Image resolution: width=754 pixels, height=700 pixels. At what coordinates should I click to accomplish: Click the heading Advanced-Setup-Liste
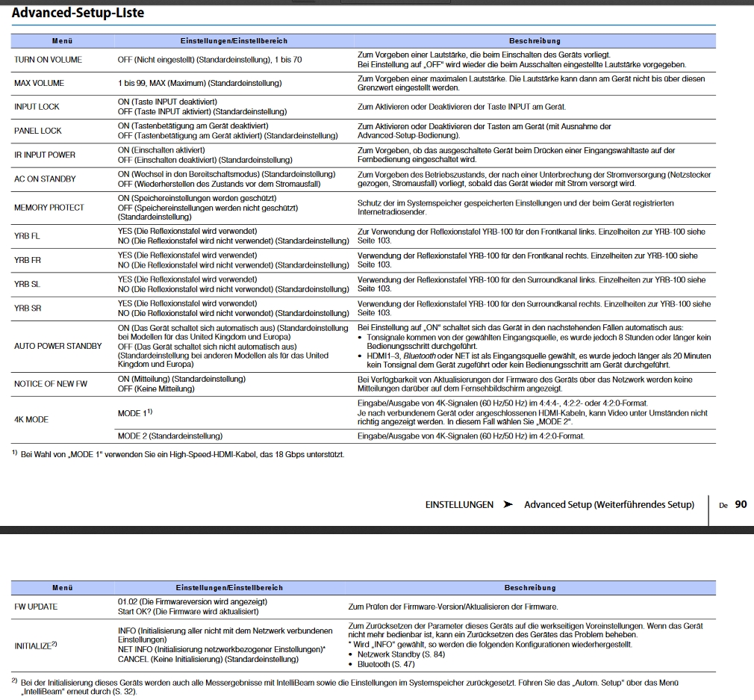click(x=78, y=13)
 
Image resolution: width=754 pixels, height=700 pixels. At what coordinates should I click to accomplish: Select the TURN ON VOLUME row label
click(x=49, y=59)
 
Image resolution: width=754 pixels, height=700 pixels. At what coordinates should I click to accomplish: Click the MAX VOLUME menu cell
click(x=40, y=83)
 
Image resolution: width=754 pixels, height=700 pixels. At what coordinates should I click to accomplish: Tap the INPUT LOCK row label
click(x=37, y=107)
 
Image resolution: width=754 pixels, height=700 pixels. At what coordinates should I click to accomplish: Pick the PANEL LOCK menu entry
click(x=38, y=131)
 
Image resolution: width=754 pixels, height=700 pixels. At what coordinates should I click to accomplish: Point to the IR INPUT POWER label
click(x=45, y=155)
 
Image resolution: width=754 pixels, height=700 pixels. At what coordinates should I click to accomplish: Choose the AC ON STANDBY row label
click(x=45, y=179)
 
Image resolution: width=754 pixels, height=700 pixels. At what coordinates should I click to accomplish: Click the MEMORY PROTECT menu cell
click(x=49, y=207)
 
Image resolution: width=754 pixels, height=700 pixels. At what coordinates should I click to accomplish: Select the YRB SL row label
click(x=27, y=284)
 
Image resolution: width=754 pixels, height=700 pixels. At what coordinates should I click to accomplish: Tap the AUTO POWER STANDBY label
click(x=58, y=346)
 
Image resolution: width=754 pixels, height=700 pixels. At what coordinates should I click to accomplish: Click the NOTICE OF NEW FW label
click(x=51, y=383)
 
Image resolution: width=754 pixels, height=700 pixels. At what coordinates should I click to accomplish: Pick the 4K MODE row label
click(x=31, y=419)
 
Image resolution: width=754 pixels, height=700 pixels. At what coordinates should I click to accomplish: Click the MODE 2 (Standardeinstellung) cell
click(x=170, y=436)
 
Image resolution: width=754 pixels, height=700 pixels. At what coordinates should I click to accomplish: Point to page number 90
click(x=741, y=504)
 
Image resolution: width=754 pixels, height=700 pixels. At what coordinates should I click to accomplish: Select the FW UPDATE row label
click(x=36, y=607)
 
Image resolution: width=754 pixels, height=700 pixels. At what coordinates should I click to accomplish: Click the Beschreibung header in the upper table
click(x=535, y=40)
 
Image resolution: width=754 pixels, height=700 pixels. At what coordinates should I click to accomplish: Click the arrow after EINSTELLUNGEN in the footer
click(x=508, y=504)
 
